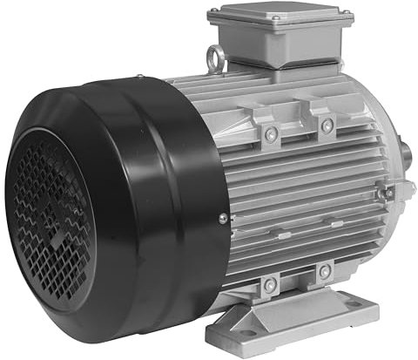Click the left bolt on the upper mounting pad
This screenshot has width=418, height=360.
pyautogui.click(x=272, y=132)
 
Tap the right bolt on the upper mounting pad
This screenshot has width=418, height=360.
pyautogui.click(x=327, y=126)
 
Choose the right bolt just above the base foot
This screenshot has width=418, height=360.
pyautogui.click(x=324, y=272)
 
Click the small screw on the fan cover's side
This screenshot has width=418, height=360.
pyautogui.click(x=223, y=218)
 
